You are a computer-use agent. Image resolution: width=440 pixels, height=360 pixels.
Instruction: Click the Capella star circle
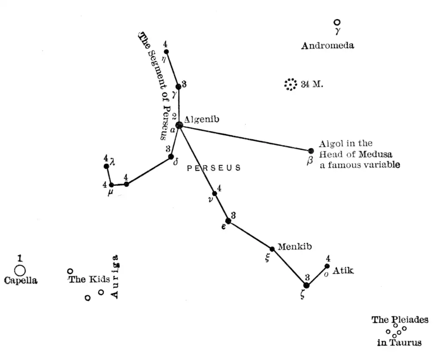[20, 271]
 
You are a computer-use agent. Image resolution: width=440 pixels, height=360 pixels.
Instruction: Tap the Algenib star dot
[179, 125]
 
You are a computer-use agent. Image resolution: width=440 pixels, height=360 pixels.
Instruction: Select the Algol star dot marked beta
[311, 151]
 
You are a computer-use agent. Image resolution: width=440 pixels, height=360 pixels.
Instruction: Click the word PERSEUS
[214, 168]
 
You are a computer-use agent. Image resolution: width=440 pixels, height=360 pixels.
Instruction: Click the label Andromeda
[327, 46]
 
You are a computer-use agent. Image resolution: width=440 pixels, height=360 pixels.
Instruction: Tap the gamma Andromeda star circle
[337, 22]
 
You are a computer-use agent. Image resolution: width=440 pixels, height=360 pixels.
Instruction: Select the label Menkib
[294, 247]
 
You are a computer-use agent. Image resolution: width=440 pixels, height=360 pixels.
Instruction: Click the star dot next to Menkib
[272, 249]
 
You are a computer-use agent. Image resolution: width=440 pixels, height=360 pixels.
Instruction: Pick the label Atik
[343, 271]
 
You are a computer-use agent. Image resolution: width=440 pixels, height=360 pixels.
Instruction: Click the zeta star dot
[306, 285]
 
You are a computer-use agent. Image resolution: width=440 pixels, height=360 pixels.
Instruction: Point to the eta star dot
[166, 52]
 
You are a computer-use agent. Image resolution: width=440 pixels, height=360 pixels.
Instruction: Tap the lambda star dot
[106, 166]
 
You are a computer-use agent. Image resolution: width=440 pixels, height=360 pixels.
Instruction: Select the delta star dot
[171, 157]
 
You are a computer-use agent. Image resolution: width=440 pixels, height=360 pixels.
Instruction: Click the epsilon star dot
[228, 221]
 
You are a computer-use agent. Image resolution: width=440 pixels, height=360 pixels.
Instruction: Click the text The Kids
[89, 280]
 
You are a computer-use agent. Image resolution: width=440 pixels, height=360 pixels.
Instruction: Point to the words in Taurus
[399, 343]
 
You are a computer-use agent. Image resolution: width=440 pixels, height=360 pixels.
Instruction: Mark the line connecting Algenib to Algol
[245, 138]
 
